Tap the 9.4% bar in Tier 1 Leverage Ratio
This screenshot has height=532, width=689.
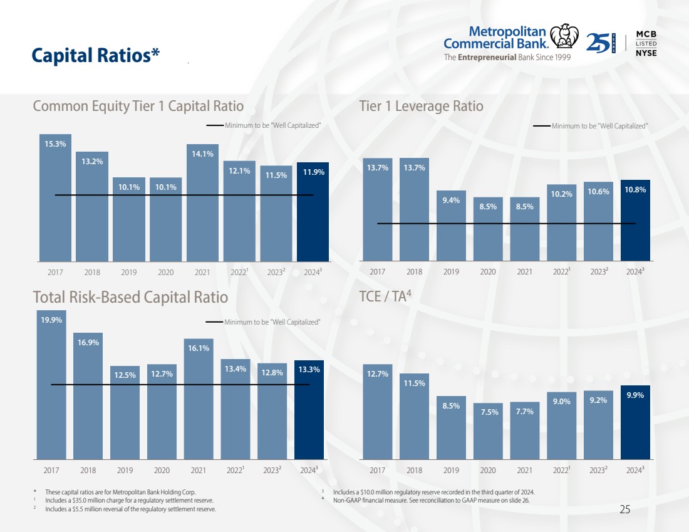coord(451,226)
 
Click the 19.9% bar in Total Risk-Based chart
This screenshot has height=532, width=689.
coord(51,385)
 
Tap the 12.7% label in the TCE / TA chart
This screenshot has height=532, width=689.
coord(378,374)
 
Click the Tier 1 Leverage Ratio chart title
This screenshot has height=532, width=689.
coord(422,106)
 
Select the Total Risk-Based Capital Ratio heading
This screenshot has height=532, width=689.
coord(130,296)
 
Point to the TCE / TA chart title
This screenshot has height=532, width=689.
coord(385,296)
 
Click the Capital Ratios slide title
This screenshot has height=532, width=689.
coord(96,56)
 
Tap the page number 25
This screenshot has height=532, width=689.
coord(624,509)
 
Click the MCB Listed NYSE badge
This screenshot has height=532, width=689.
coord(646,43)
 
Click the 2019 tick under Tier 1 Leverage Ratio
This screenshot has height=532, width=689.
coord(451,272)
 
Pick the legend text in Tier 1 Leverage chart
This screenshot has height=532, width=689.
coord(599,126)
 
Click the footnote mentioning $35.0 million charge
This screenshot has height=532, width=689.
coord(129,501)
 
